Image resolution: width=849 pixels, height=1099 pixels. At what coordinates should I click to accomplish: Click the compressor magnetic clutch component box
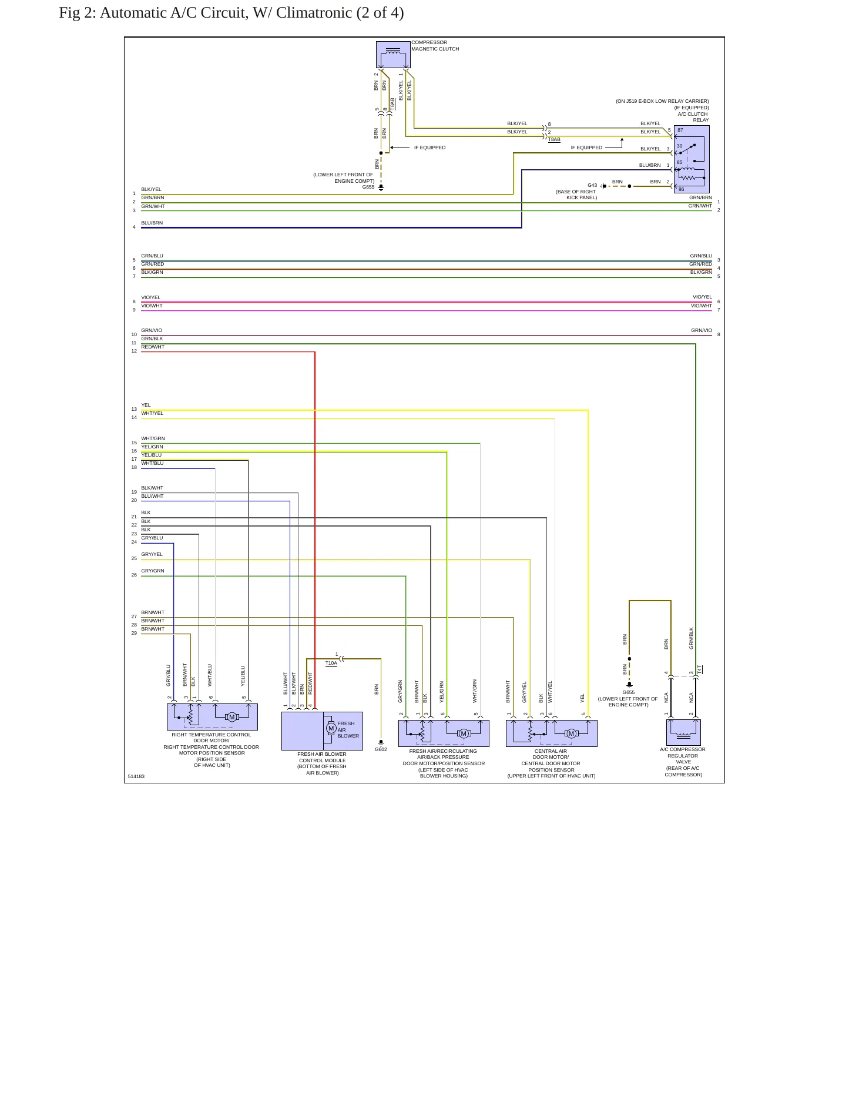[x=393, y=55]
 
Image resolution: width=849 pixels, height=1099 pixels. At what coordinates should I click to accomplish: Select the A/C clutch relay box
[x=692, y=159]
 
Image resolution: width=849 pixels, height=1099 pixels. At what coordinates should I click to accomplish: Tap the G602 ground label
[x=381, y=749]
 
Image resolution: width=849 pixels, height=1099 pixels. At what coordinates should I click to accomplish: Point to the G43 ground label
[x=592, y=185]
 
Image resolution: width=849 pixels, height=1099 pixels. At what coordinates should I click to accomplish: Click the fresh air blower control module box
[x=322, y=731]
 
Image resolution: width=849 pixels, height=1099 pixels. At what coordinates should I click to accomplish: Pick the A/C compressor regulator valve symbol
[x=683, y=732]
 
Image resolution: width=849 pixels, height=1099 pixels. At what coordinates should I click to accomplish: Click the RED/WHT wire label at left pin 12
[x=153, y=347]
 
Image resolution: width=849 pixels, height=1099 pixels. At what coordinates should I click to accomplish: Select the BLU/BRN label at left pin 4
[x=152, y=223]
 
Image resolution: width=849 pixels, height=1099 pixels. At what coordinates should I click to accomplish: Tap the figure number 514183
[x=136, y=776]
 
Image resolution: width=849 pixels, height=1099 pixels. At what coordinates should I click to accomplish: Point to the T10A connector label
[x=331, y=663]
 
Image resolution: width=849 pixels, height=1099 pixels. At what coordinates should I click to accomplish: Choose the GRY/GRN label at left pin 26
[x=153, y=571]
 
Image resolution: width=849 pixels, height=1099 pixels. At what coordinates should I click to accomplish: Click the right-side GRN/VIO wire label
[x=701, y=330]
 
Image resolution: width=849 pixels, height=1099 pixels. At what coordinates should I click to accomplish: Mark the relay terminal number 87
[x=680, y=130]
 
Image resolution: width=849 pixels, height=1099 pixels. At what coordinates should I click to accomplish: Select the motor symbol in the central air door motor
[x=571, y=733]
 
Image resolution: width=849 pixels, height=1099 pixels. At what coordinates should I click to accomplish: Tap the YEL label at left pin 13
[x=146, y=405]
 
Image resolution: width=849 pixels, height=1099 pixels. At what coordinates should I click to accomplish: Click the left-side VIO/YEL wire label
[x=150, y=297]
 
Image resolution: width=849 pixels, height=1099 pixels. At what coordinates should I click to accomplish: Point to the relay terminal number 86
[x=681, y=189]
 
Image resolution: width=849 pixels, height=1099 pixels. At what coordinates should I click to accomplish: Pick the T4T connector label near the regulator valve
[x=700, y=669]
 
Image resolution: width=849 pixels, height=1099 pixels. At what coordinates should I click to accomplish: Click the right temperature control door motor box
[x=212, y=717]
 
